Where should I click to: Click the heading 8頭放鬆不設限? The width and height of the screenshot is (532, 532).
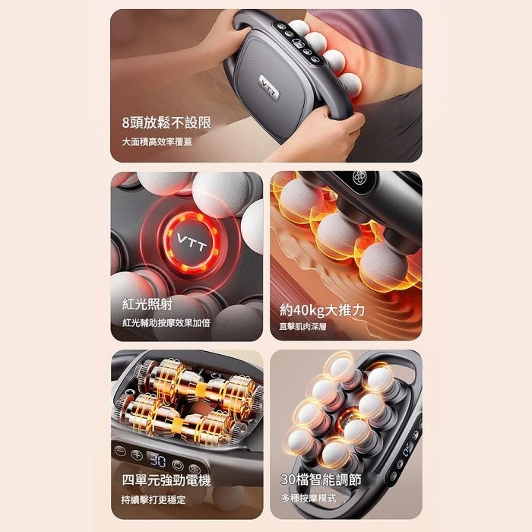pos(166,122)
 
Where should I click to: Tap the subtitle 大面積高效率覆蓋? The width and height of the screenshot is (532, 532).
pos(157,141)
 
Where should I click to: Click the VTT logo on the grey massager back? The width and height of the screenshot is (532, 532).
pos(269,87)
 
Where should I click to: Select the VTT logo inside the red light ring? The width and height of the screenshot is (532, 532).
pos(192,242)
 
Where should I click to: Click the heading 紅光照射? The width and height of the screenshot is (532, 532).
pos(147,304)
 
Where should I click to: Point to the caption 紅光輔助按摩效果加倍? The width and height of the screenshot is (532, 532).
pos(166,323)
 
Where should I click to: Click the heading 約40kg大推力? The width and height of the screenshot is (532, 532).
pos(322,310)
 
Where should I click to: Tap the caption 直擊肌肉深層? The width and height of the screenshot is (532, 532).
pos(302,326)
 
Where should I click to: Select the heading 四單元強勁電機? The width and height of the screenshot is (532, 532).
pos(166,480)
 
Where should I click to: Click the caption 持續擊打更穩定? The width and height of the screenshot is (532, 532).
pos(154,499)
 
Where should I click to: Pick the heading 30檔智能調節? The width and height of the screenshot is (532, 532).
pos(321,480)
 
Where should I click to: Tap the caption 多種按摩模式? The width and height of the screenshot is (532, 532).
pos(309,498)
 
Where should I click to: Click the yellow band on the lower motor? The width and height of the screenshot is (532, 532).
pos(177,424)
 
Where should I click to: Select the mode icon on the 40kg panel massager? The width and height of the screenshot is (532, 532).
pos(359,177)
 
